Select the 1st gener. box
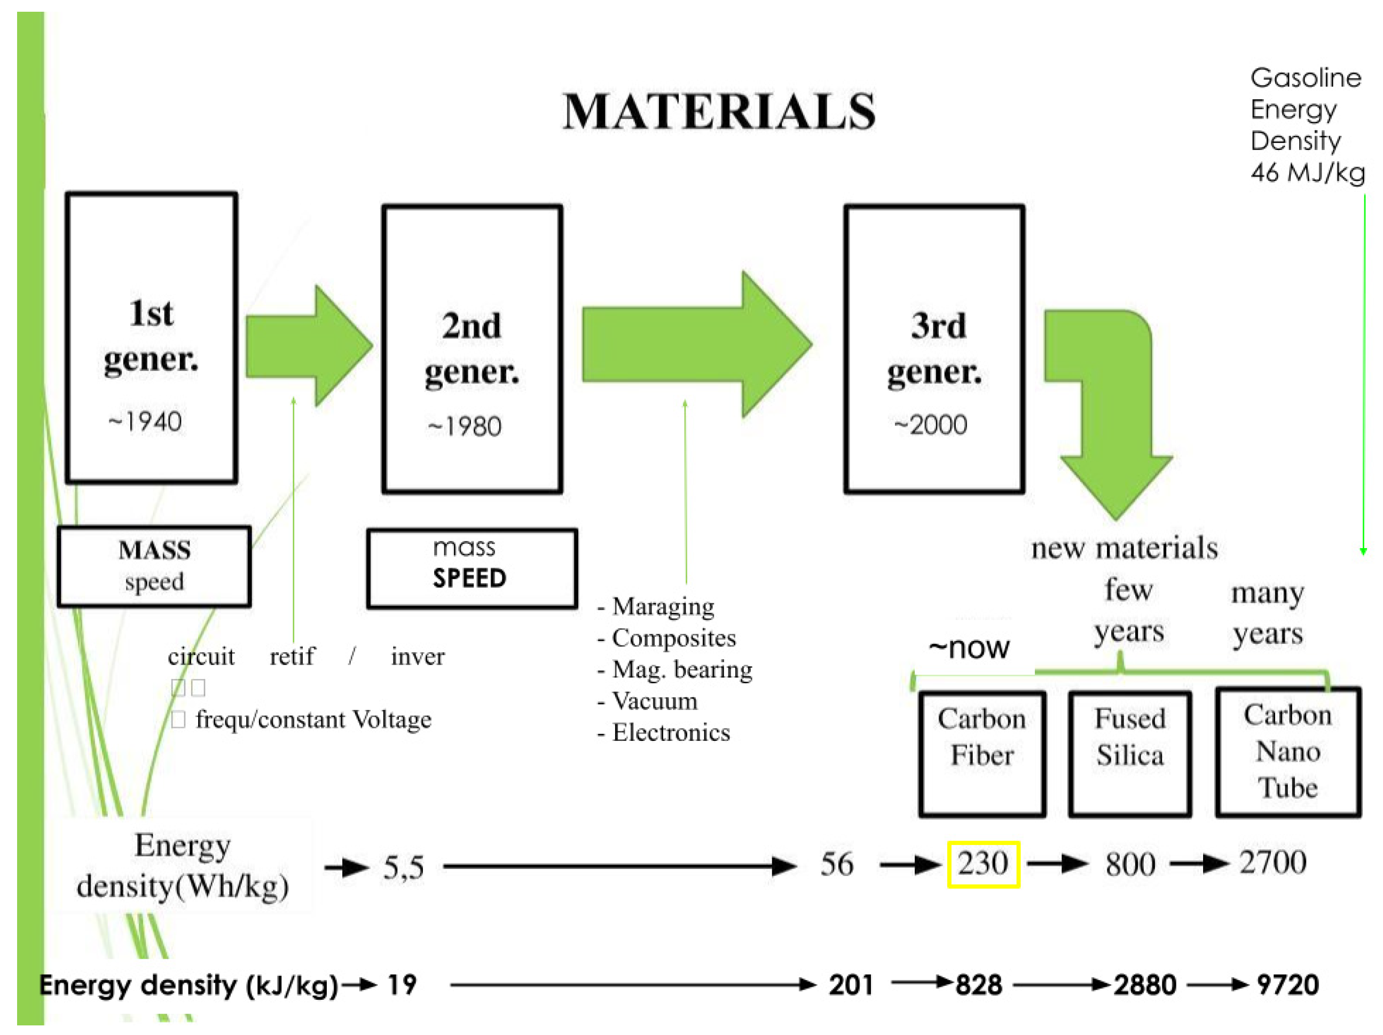click(x=151, y=337)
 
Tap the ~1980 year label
click(x=465, y=427)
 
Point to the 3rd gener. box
click(x=934, y=349)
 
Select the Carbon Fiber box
click(x=981, y=754)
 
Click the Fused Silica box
click(x=1130, y=754)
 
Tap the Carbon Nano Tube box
click(x=1288, y=752)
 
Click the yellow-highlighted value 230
click(x=984, y=864)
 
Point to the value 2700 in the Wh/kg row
click(x=1273, y=863)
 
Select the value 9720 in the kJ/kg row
click(x=1287, y=985)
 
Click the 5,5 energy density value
click(x=404, y=867)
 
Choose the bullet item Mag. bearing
click(x=681, y=669)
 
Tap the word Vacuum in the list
click(x=654, y=701)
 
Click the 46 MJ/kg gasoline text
click(x=1307, y=172)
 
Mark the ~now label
click(x=969, y=648)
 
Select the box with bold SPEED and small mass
click(x=472, y=568)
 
